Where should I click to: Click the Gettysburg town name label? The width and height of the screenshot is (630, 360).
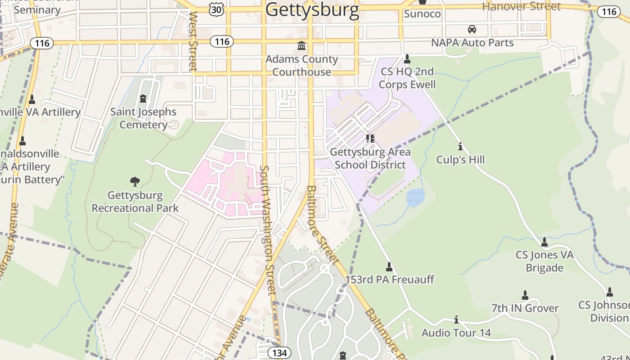(x=312, y=10)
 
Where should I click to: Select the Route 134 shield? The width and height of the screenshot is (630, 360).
(x=279, y=353)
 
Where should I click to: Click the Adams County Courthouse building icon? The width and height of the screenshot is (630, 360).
(x=301, y=46)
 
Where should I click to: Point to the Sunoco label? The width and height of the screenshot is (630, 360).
(x=422, y=14)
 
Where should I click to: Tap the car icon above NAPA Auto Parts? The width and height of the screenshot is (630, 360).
(x=472, y=29)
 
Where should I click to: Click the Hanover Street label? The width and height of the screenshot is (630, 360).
(x=521, y=6)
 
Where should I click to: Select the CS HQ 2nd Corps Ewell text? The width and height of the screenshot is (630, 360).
(x=407, y=78)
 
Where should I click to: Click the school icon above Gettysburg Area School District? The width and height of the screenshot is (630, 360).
(x=370, y=138)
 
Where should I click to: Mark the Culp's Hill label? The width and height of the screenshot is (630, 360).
(x=460, y=160)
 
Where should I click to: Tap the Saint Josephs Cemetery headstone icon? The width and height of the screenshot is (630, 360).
(x=143, y=98)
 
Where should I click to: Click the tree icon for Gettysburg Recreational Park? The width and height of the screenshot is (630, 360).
(x=135, y=182)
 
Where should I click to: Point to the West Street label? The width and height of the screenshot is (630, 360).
(x=193, y=41)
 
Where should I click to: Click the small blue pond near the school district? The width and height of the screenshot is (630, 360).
(x=415, y=198)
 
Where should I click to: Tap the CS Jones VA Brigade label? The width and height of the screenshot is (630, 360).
(x=544, y=261)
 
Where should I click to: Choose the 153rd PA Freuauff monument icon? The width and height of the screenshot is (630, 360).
(x=389, y=267)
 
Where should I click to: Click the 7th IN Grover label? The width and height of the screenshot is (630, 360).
(x=525, y=308)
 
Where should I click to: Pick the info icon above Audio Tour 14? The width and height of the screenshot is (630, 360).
(x=456, y=319)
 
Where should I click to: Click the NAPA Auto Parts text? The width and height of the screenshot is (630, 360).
(x=472, y=43)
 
